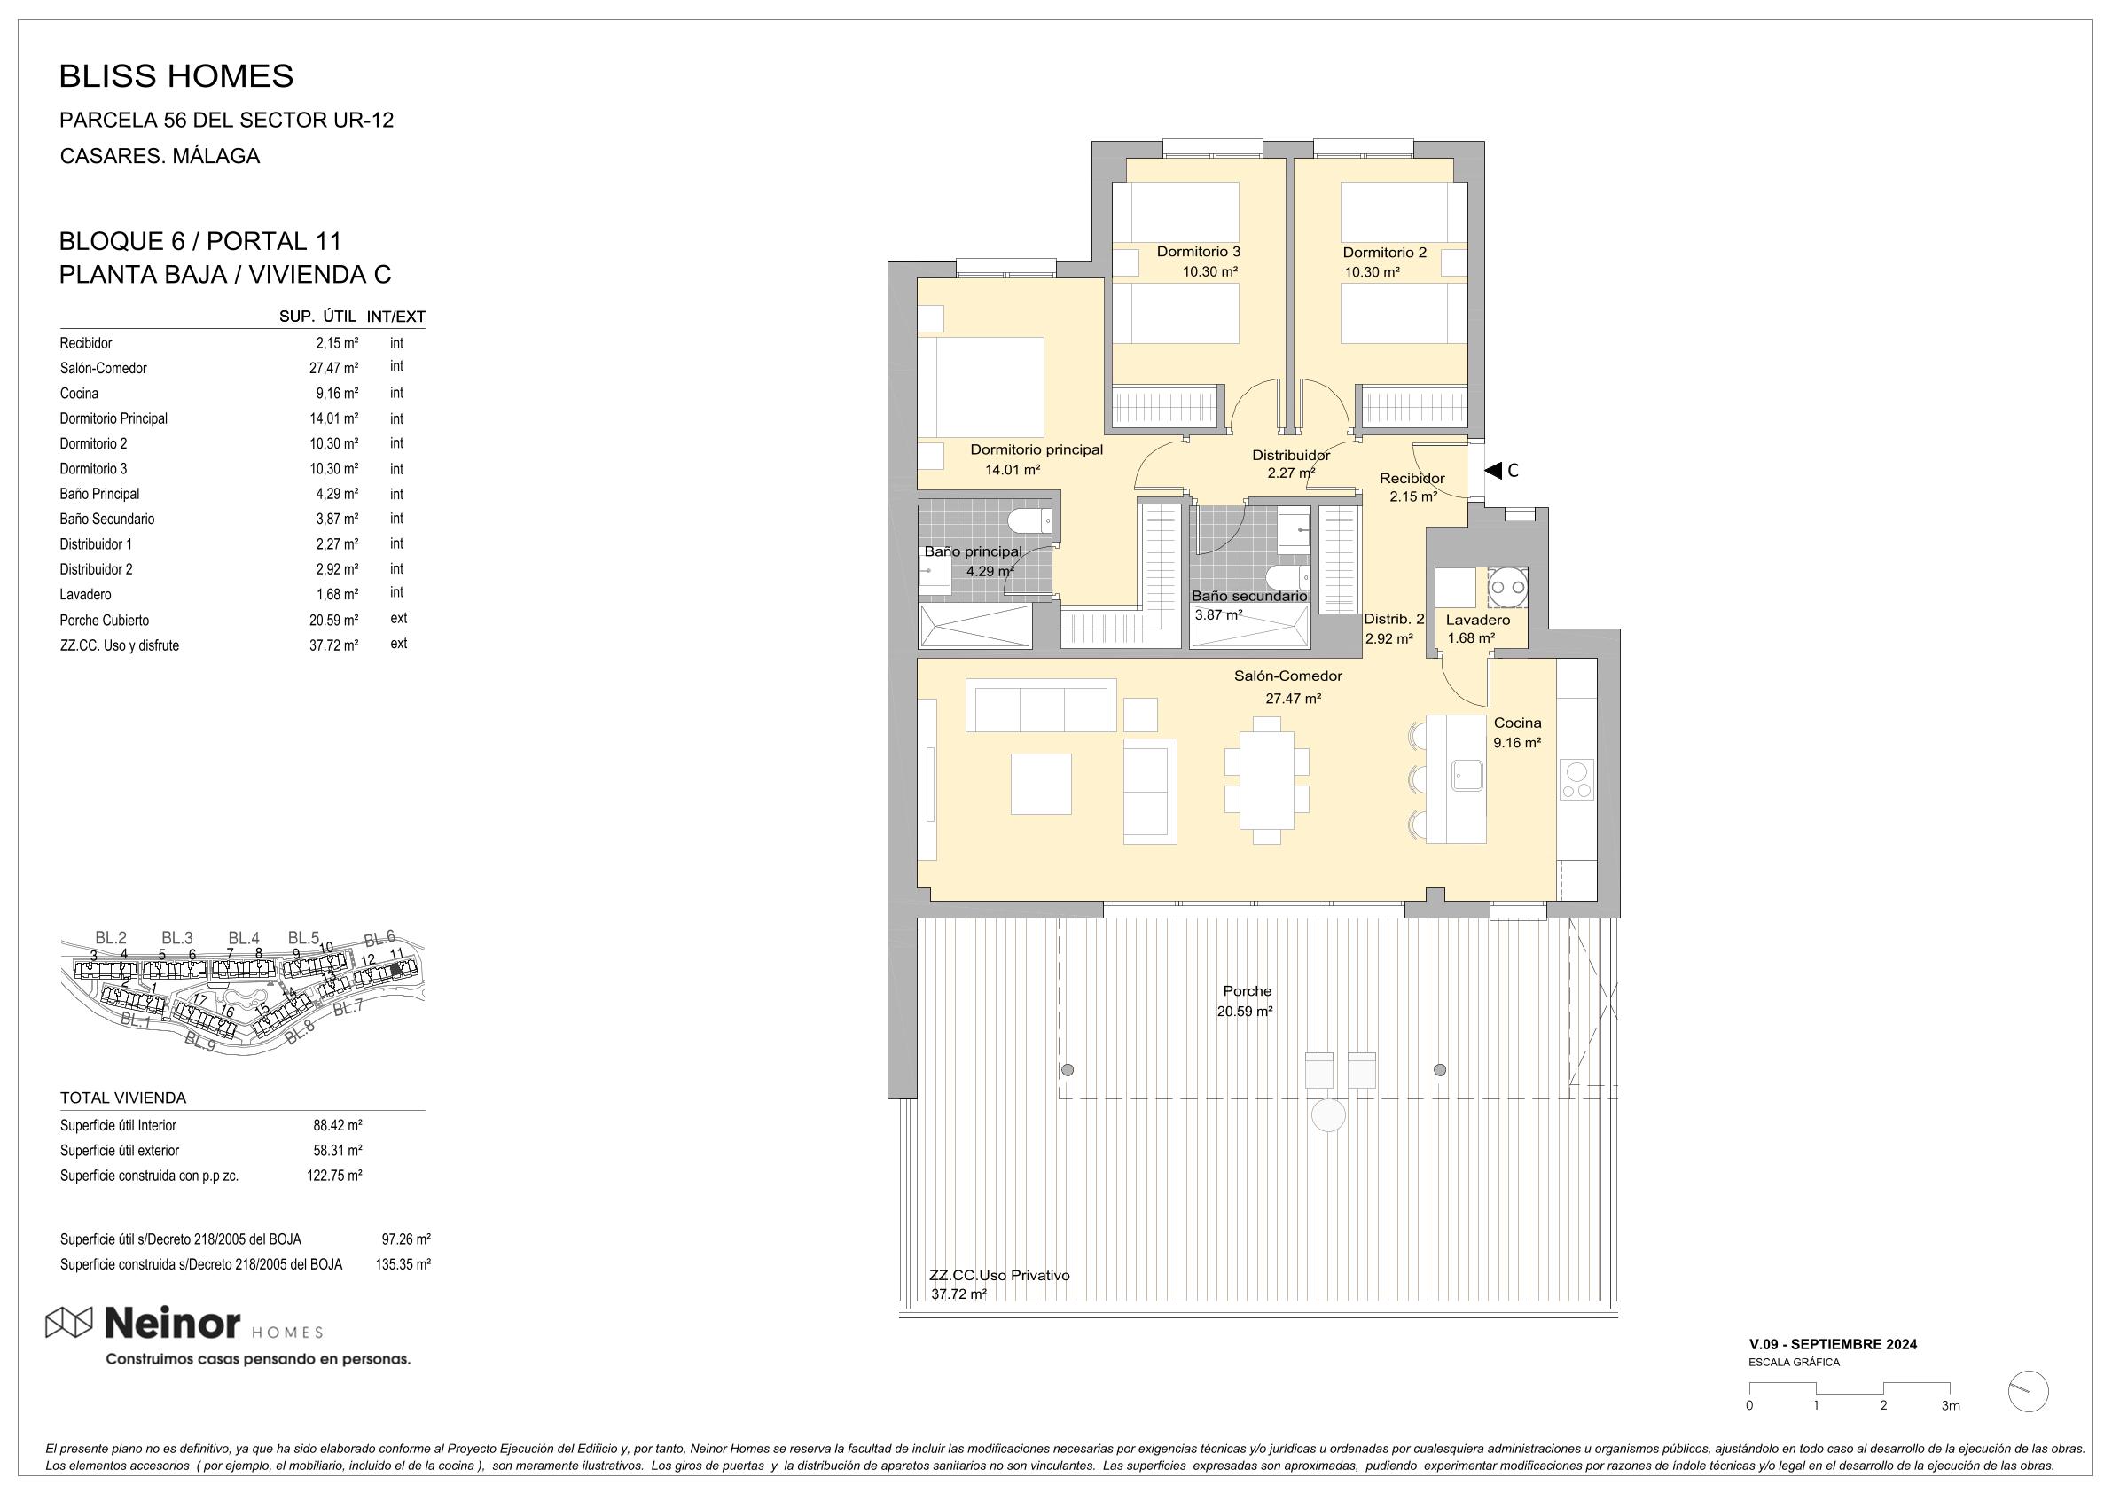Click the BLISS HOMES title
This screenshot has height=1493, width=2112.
click(x=176, y=76)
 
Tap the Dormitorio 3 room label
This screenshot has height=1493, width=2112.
click(x=1199, y=251)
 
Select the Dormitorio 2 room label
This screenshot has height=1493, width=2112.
click(x=1384, y=252)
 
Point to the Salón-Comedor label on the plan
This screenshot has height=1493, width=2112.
click(x=1287, y=676)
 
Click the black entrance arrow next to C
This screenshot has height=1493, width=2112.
click(x=1492, y=470)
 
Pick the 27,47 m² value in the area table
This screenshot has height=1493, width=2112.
click(x=334, y=368)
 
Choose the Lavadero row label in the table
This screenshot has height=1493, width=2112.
click(x=85, y=594)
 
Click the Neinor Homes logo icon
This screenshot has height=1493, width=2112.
click(x=69, y=1322)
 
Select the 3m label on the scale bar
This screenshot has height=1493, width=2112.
click(x=1950, y=1405)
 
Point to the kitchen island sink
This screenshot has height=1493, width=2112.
click(x=1467, y=775)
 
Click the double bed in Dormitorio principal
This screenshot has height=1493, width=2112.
click(x=981, y=387)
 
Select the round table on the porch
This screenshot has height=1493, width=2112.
click(x=1328, y=1116)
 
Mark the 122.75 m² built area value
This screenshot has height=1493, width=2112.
click(x=334, y=1175)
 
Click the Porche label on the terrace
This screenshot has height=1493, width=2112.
click(x=1248, y=990)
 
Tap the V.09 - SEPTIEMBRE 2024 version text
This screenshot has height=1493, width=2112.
click(x=1834, y=1344)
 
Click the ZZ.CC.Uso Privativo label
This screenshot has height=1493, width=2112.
click(x=999, y=1275)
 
